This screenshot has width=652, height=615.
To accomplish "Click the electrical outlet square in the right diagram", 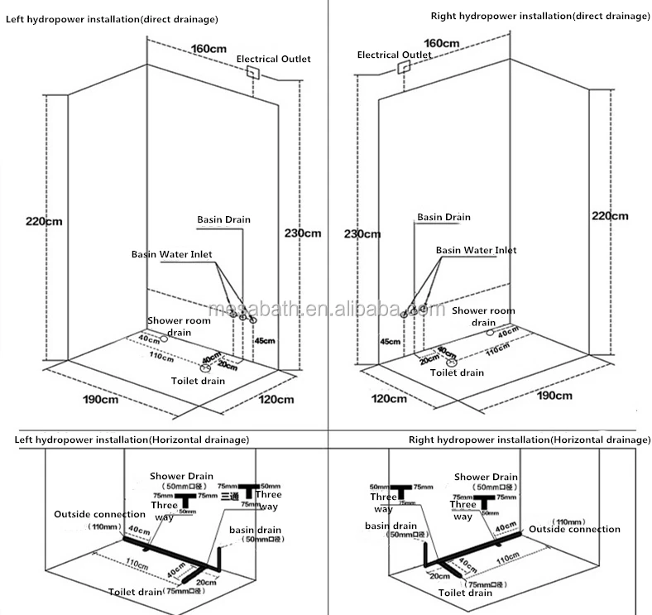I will coord(402,68).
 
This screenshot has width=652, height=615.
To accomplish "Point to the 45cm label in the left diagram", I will coord(264,341).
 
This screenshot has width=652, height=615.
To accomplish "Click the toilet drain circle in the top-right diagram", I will coord(452,362).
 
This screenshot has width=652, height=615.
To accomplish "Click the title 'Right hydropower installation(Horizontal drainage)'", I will coord(529,440).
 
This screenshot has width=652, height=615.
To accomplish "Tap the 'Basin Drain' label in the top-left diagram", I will coord(223,219).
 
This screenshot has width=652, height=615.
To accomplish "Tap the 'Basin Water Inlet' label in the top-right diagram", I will coord(476,250).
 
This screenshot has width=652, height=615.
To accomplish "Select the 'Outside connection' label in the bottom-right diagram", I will coord(574,529).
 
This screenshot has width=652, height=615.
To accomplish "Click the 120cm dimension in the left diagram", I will coord(276,399).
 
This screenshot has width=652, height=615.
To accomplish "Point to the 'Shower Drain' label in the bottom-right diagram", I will coord(485,477).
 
